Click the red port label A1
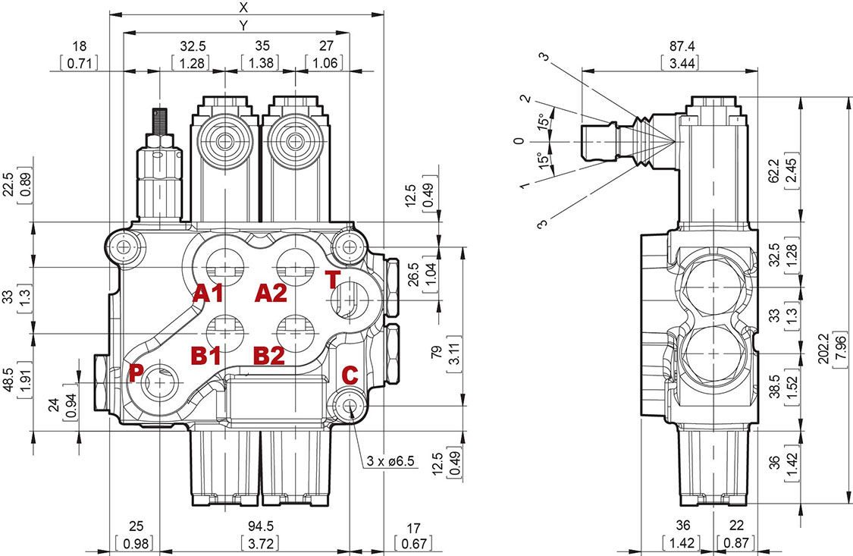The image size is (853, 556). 206,294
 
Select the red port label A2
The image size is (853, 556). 271,293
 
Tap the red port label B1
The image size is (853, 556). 205,354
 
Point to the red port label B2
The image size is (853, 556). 269,354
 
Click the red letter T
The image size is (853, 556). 334,279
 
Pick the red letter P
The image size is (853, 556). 136,372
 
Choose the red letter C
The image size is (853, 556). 350,374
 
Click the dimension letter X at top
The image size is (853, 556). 243,8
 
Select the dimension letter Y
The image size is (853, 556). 243,25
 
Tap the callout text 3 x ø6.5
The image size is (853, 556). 392,460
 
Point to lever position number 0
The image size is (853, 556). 518,142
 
